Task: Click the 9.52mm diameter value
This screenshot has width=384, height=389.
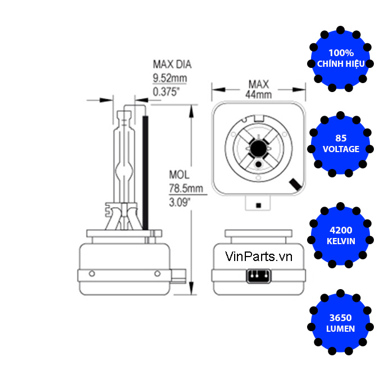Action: (170, 78)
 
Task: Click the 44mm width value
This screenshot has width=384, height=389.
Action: (258, 95)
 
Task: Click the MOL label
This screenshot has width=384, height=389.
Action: (180, 175)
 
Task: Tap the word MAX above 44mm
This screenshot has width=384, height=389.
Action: (259, 84)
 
